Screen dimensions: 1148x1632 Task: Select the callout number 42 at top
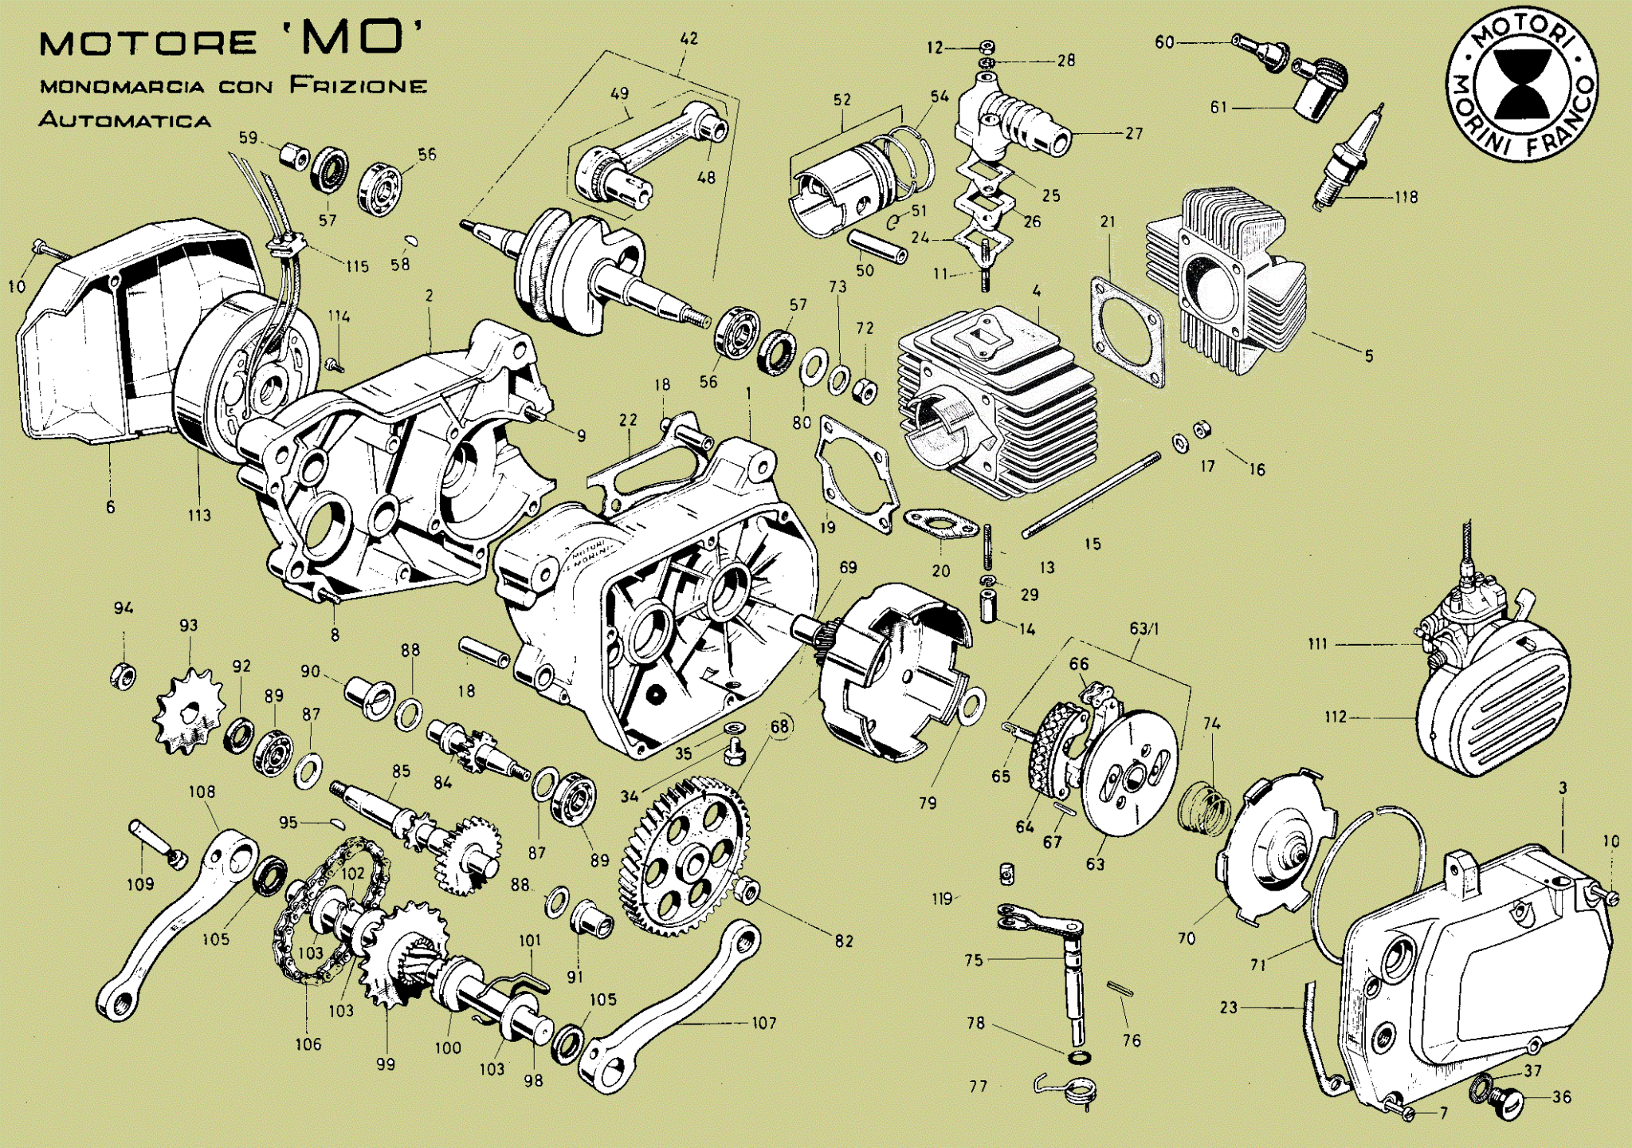coord(689,39)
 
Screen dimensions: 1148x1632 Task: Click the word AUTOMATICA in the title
coord(124,121)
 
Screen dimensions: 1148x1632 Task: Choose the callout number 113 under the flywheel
coord(199,515)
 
